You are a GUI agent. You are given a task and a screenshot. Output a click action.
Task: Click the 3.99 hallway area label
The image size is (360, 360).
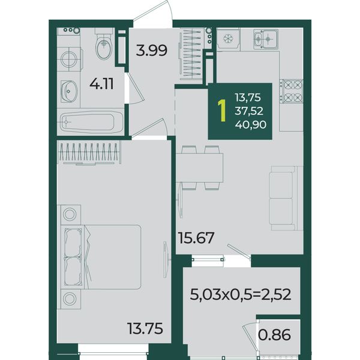[x=152, y=50]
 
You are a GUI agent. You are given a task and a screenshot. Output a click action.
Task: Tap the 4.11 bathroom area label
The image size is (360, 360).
[x=101, y=84]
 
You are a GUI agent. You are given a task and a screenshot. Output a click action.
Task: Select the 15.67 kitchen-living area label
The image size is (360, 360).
[x=196, y=238]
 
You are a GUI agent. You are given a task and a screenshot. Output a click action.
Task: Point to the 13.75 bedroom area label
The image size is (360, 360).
[x=145, y=328]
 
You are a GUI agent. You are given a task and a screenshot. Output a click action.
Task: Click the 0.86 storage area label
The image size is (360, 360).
[x=274, y=335]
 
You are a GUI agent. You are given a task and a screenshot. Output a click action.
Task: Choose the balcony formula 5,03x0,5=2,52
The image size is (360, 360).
[x=241, y=295]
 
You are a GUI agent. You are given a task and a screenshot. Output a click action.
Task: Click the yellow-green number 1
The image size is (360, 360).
[x=222, y=111]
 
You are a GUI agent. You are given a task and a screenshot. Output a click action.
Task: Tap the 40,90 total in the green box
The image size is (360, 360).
[x=250, y=125]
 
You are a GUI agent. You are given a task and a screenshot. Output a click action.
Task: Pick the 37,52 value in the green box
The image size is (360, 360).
[x=249, y=111]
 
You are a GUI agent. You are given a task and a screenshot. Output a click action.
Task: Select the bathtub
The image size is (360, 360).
[x=91, y=122]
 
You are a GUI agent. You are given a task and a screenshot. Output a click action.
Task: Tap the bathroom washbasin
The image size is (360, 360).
[x=69, y=91]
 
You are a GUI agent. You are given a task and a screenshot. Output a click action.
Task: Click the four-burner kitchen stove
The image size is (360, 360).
[x=291, y=91]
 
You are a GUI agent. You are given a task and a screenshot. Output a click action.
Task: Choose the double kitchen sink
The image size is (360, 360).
[x=266, y=39]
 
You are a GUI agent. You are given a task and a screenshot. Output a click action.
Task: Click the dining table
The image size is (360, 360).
[x=200, y=167]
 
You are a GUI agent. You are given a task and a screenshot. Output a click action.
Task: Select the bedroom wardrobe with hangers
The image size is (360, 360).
[x=89, y=152]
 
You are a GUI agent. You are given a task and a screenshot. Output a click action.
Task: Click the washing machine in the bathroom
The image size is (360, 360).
[x=70, y=59]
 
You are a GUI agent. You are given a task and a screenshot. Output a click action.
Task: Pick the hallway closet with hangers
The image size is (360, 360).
[x=191, y=54]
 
